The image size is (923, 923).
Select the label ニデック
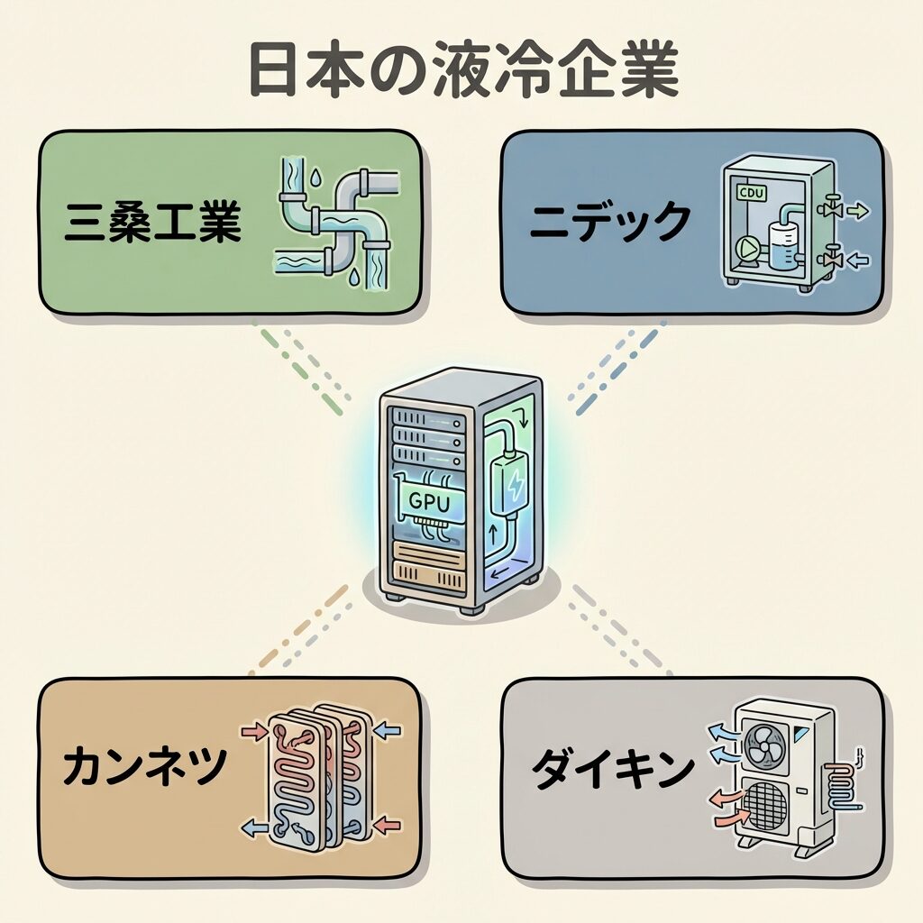click(610, 222)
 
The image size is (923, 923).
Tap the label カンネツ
click(144, 768)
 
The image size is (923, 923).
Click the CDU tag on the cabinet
click(750, 193)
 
